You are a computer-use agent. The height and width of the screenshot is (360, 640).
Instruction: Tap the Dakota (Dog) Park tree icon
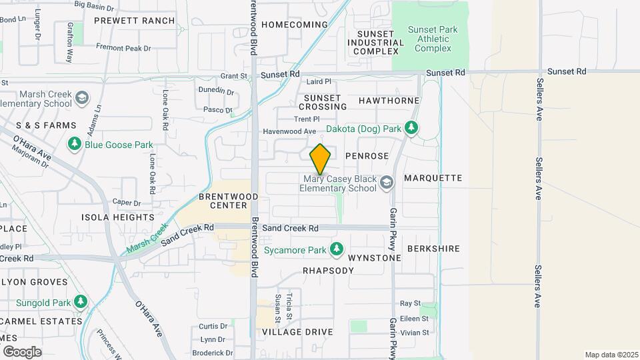pos(412,127)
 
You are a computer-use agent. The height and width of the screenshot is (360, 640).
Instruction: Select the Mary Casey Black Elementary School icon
pos(386,183)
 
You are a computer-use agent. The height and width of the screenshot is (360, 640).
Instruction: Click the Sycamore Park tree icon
pos(337,250)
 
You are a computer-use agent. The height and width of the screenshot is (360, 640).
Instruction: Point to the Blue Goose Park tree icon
pos(74,145)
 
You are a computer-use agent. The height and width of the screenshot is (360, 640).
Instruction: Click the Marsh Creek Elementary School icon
pos(81,99)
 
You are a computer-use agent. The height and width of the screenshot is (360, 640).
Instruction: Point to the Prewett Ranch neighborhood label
pos(134,21)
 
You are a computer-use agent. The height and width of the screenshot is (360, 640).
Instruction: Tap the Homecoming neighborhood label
pos(295,25)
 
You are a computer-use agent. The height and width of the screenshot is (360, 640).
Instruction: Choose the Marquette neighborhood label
pos(433,178)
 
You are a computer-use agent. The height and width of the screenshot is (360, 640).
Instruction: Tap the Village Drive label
pos(297,331)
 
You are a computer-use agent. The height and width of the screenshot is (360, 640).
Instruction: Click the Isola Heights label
pos(117,217)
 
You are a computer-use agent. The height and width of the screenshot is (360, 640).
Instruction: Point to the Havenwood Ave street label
pos(289,132)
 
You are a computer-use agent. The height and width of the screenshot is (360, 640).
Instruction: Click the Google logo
pos(22,351)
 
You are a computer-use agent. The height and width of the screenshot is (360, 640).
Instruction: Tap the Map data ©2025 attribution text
pos(610,355)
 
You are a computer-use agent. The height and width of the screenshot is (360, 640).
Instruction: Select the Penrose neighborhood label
pos(367,156)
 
